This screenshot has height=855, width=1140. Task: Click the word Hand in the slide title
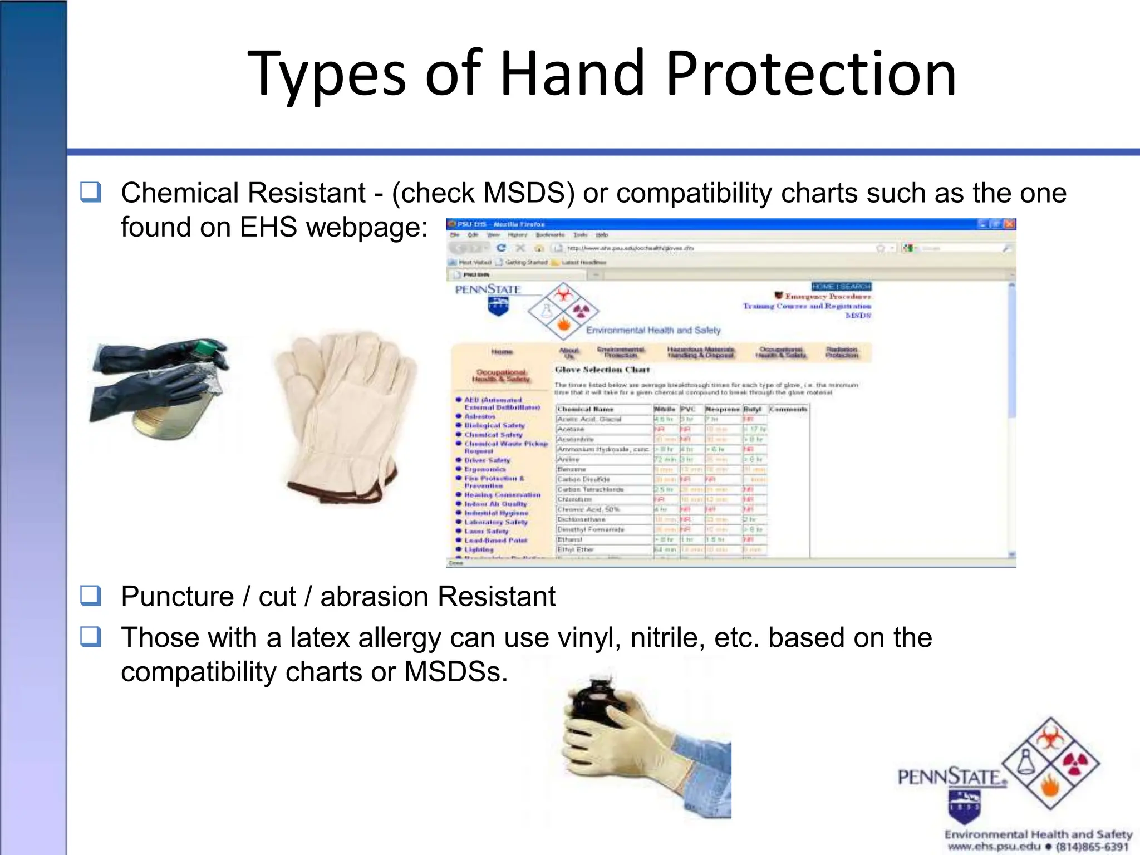tap(572, 73)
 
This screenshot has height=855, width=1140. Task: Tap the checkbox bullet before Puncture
tap(91, 595)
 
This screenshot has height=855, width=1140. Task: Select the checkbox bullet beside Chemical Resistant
tap(91, 192)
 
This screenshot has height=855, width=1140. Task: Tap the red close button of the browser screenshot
tap(1010, 224)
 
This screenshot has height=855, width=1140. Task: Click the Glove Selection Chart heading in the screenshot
tap(602, 370)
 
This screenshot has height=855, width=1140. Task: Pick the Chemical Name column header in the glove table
tap(585, 409)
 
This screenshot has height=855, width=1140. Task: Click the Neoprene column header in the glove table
tap(722, 409)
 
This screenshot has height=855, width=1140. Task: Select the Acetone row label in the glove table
tap(571, 429)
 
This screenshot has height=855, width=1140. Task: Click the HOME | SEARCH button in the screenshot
tap(841, 287)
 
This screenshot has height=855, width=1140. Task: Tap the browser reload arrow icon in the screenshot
tap(501, 248)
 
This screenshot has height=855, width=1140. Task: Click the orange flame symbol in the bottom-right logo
tap(1050, 787)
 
